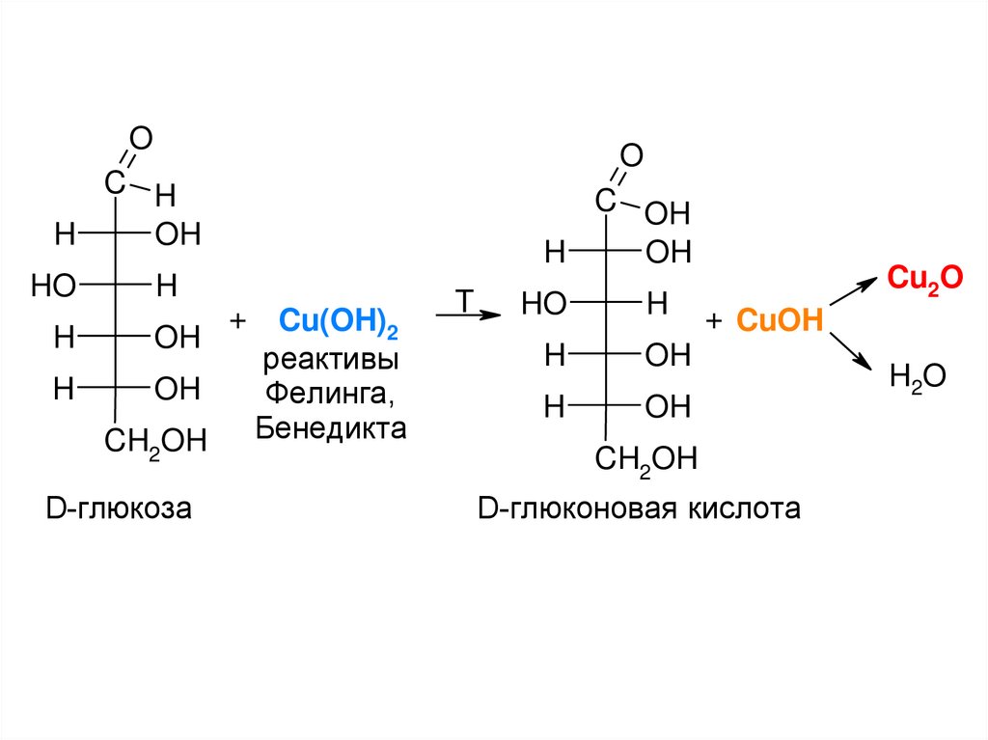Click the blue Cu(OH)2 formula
click(x=338, y=322)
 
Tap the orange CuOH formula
click(x=780, y=321)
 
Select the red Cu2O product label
click(x=924, y=279)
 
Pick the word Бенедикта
click(x=331, y=427)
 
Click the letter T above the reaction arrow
click(x=463, y=300)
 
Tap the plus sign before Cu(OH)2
click(x=238, y=320)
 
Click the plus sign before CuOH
click(x=714, y=321)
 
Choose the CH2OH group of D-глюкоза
click(x=155, y=443)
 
